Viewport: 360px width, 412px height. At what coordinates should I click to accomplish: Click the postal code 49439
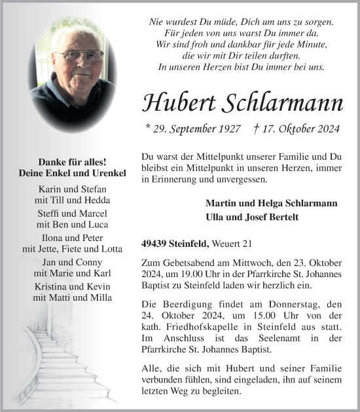point(155,244)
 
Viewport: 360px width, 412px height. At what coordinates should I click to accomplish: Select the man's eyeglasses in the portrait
point(77,56)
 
